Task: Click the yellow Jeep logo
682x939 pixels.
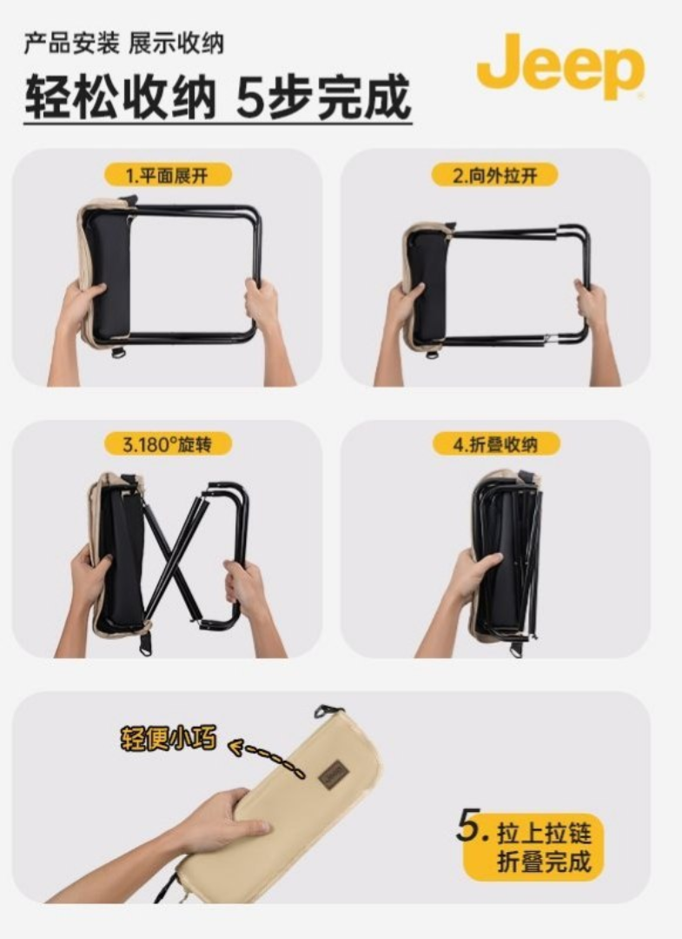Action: tap(560, 66)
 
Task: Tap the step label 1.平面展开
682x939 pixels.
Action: tap(167, 176)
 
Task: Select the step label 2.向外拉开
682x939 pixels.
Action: tap(494, 176)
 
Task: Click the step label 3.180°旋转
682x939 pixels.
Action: tap(168, 444)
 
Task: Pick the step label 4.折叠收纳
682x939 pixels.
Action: tap(495, 444)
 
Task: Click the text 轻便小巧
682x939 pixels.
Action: tap(169, 739)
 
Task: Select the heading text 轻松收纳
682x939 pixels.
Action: tap(120, 97)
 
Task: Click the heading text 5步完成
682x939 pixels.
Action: tap(324, 97)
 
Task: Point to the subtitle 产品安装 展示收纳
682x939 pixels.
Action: tap(124, 44)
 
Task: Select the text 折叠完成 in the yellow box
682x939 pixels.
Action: tap(544, 861)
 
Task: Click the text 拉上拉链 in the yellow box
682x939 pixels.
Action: tap(544, 832)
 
